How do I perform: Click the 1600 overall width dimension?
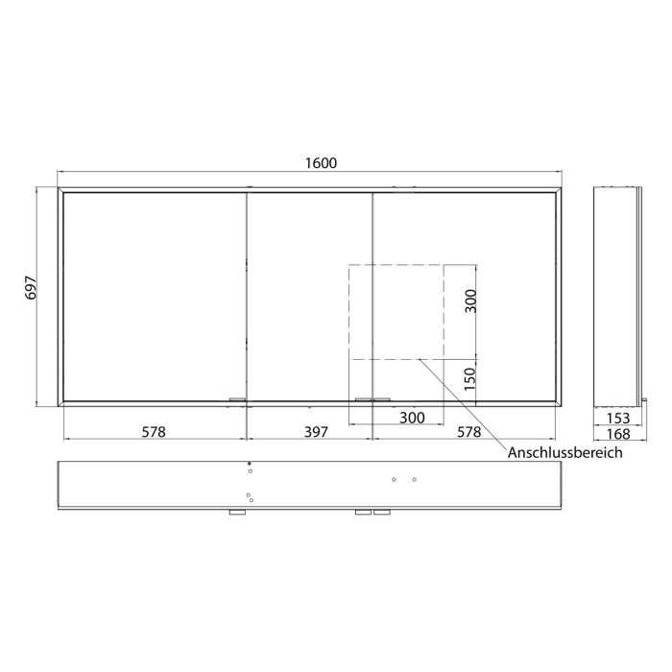tap(321, 162)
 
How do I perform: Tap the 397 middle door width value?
tap(315, 432)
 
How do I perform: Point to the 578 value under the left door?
tap(154, 432)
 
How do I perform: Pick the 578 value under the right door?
tap(468, 432)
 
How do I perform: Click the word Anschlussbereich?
tap(565, 452)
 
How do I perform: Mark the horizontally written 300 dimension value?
tap(412, 418)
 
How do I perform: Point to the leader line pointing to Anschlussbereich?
tap(461, 401)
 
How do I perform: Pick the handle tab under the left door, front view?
tap(238, 399)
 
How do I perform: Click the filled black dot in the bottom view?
tap(250, 464)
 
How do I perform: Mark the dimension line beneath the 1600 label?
tap(192, 173)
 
